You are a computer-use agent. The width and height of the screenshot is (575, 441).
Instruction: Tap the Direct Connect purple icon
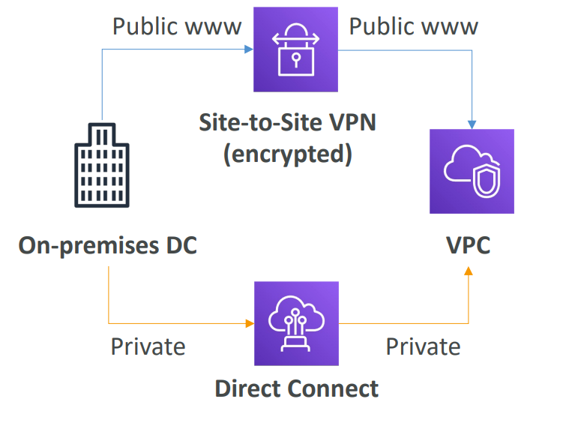pos(297,323)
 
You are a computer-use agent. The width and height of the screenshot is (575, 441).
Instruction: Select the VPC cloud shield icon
pos(472,171)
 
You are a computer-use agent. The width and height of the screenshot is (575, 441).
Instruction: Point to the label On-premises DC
pos(108,245)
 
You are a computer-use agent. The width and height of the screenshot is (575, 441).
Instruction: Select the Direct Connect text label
pos(297,388)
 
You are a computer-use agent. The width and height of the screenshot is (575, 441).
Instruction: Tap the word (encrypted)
pos(288,154)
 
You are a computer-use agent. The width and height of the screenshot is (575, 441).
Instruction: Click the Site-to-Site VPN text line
pos(288,121)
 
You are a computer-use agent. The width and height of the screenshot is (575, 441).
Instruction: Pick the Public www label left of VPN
pos(178,27)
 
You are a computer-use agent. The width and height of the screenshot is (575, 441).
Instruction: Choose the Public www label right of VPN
pos(414,27)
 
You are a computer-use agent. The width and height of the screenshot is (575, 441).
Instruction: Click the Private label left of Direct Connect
pos(148,346)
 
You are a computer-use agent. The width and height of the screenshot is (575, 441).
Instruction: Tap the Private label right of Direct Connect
pos(423,346)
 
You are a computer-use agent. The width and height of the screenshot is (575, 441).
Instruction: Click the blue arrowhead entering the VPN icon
pos(250,50)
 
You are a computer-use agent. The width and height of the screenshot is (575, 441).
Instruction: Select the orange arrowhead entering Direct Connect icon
pos(250,323)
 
